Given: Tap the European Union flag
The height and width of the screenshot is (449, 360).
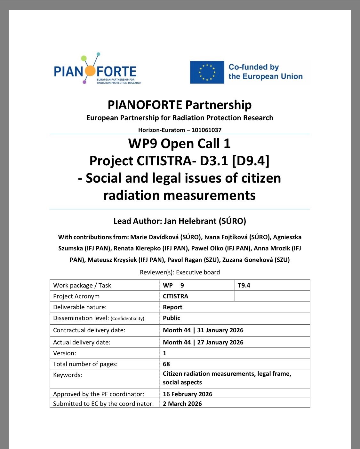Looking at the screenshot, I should [207, 72].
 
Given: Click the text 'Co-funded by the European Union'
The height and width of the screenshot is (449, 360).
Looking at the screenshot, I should [265, 72].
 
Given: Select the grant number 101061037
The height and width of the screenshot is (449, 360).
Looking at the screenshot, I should [206, 130].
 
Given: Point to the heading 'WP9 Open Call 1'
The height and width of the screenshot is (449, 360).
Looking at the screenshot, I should [180, 144].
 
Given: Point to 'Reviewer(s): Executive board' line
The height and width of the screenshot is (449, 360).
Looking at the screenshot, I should [180, 272].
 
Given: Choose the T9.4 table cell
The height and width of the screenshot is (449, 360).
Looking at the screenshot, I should [244, 285].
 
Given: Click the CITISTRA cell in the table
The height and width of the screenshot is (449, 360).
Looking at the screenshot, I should [175, 296].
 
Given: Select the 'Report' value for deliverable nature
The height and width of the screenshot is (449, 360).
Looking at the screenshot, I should [172, 307].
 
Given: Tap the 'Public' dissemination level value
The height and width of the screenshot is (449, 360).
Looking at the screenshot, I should [172, 318].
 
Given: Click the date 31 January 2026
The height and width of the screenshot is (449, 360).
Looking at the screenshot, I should [220, 330].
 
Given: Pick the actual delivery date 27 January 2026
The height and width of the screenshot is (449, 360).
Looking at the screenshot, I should [220, 342].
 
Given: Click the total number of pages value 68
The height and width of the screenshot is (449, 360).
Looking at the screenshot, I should [166, 364].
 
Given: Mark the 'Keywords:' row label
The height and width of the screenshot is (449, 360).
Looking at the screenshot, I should [68, 375].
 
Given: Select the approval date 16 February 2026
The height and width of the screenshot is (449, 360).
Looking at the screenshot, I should [188, 394].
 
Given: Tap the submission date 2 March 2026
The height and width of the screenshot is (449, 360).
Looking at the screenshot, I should [182, 404].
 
